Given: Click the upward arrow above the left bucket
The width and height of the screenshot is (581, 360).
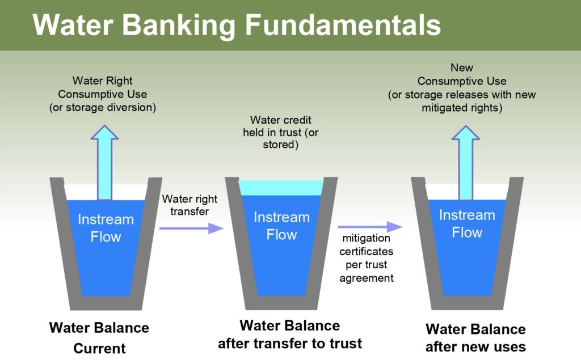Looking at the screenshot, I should point(104,162).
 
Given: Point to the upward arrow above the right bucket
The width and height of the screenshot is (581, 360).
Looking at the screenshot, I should point(465,162).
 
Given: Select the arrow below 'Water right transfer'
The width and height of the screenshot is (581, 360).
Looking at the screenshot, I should point(192,228).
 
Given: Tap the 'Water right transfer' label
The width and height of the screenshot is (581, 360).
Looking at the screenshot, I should point(186,205).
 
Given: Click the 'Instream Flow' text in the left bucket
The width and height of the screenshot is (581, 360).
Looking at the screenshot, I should point(106,227).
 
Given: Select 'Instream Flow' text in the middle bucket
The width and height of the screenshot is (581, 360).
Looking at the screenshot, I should point(281,226).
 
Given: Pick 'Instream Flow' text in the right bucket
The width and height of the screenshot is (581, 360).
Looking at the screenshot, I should point(467,223).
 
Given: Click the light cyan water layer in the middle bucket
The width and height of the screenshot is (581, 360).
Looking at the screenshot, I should point(281,188).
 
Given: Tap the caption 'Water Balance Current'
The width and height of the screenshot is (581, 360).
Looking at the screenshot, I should point(99,337).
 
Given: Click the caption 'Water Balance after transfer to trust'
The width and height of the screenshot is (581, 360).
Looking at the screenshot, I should point(290,334).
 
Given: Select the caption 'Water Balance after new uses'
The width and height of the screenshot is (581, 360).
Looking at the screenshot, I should point(475,337).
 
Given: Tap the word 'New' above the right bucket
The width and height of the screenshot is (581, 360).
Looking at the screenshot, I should point(462,68).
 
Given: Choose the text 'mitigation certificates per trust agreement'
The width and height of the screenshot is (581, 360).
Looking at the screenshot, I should point(366,257).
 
